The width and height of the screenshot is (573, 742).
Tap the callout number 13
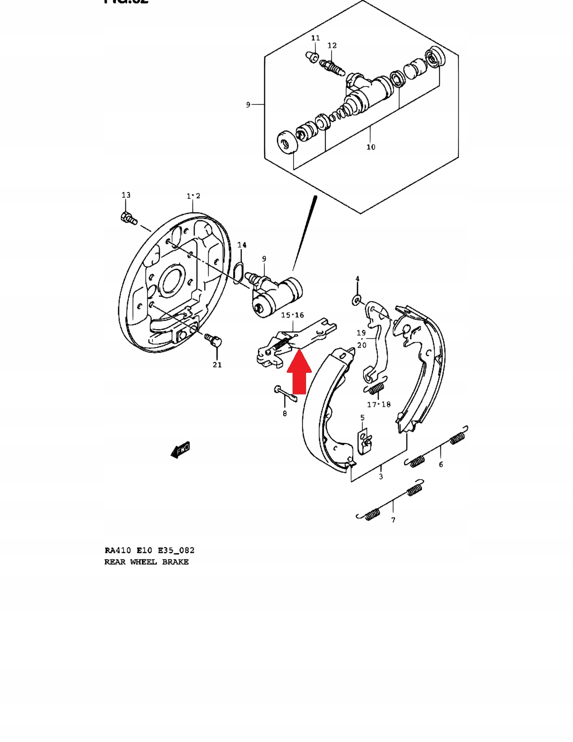click(x=126, y=195)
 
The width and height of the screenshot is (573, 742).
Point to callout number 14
click(x=242, y=245)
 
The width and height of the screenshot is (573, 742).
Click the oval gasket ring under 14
click(x=238, y=272)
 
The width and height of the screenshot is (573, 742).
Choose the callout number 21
click(x=217, y=365)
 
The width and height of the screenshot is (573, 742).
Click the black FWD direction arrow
click(x=181, y=449)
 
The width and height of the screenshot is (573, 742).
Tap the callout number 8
click(x=284, y=413)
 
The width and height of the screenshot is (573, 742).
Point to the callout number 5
click(x=362, y=418)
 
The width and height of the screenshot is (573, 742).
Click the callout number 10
click(x=371, y=147)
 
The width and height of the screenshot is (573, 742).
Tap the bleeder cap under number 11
click(x=311, y=57)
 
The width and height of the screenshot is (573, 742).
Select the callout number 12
click(x=332, y=45)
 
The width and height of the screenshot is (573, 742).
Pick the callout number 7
click(x=393, y=520)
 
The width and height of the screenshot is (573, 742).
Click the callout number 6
click(x=441, y=465)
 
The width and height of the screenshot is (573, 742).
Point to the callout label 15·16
click(x=293, y=315)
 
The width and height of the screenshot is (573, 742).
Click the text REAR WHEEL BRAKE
click(x=147, y=562)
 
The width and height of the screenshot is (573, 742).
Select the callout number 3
click(x=381, y=477)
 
